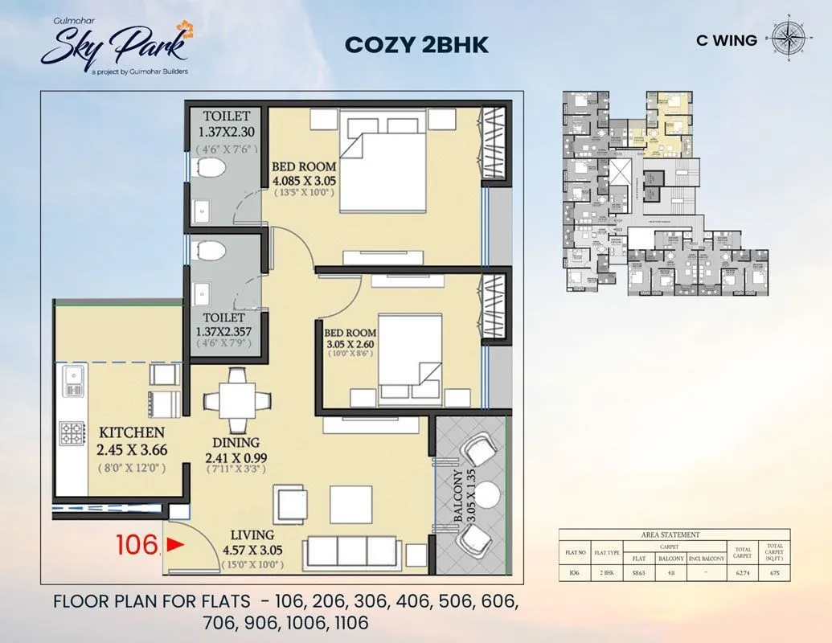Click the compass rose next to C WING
(789, 38)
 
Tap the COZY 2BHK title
(416, 44)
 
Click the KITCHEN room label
(132, 432)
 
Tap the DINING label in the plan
(236, 442)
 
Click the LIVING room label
(252, 534)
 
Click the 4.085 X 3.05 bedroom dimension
(305, 180)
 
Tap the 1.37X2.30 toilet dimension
(227, 132)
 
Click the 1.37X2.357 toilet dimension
(227, 330)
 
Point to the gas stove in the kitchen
(70, 435)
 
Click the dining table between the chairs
(236, 400)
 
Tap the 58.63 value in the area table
(638, 573)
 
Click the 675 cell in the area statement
(775, 573)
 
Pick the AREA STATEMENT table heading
(670, 534)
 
